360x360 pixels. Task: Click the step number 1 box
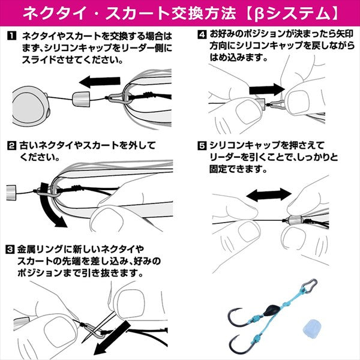coord(10,37)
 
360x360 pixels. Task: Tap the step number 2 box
coord(10,145)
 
